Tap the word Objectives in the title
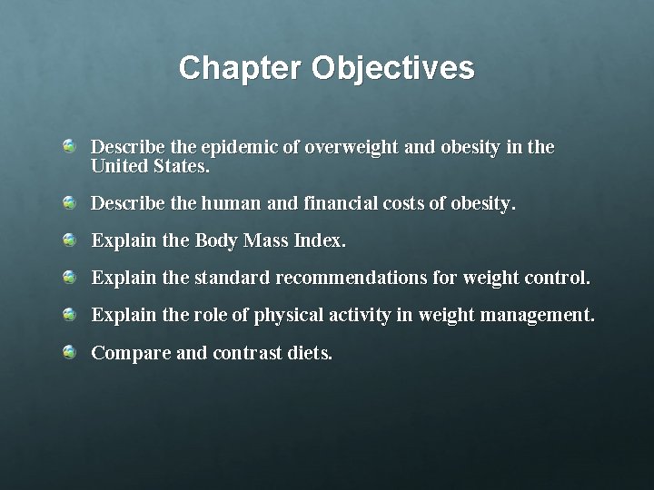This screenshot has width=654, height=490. click(x=392, y=68)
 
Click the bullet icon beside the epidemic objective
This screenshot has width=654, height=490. click(x=70, y=146)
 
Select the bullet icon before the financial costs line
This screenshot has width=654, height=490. click(x=70, y=204)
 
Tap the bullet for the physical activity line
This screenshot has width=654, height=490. click(x=70, y=315)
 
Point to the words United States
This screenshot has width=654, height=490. click(x=151, y=168)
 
